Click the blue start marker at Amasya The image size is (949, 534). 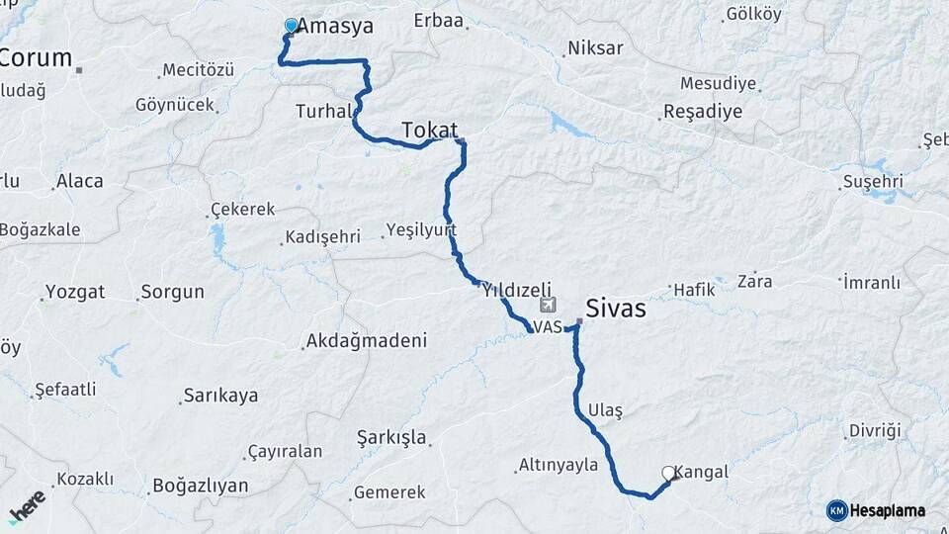[291, 26]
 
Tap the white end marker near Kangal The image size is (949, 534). [669, 473]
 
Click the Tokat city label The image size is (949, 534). [430, 131]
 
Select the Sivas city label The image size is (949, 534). [616, 309]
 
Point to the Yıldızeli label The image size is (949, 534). [516, 291]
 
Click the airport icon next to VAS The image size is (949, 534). [549, 306]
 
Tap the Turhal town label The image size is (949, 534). [323, 112]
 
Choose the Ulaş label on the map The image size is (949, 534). [605, 409]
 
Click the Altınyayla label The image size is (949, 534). [560, 465]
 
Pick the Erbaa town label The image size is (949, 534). [439, 21]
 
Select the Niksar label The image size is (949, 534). [596, 47]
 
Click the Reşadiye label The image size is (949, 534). [703, 111]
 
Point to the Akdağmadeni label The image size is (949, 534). [367, 341]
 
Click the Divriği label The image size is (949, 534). [876, 430]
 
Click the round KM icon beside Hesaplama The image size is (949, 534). [836, 510]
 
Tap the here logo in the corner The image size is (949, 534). [27, 506]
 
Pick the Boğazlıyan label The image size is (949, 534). [200, 487]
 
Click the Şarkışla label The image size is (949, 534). [391, 437]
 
